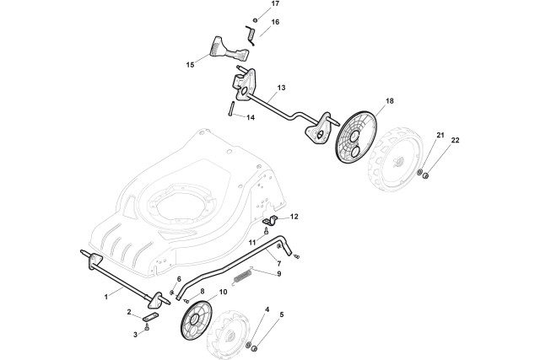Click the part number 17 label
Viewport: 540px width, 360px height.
click(x=274, y=4)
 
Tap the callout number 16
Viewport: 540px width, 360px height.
click(x=274, y=21)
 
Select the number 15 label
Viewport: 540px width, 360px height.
click(x=190, y=64)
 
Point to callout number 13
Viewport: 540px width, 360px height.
click(x=281, y=88)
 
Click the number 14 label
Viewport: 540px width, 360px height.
click(x=251, y=117)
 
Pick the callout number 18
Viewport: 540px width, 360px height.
click(x=366, y=100)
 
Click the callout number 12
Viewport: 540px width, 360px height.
click(x=294, y=217)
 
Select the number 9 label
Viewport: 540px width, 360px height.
click(x=279, y=273)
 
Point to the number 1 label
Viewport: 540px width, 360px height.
click(x=106, y=296)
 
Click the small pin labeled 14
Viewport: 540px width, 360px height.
click(x=229, y=109)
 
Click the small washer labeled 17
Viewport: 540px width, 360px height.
click(x=256, y=19)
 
